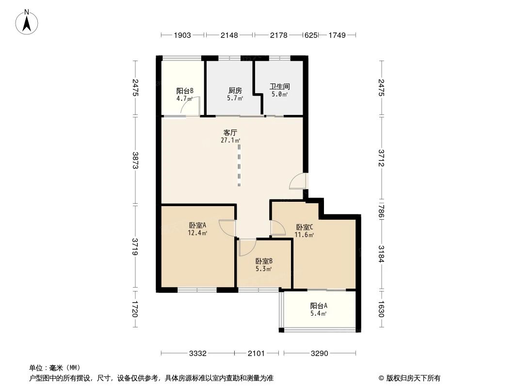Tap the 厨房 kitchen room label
coord(235,90)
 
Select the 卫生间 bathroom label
coord(279,87)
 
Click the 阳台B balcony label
coord(185,90)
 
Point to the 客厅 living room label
coord(230,132)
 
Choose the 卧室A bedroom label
coord(198,225)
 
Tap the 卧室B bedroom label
coord(264,260)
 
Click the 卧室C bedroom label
coord(304,227)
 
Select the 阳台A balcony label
coord(319,306)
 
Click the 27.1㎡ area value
coord(230,141)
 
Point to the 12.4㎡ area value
coord(198,233)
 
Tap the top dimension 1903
coord(182,35)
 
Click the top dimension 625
coord(310,35)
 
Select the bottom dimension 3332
coord(197,353)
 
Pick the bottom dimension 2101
coord(256,353)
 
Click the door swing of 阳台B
coord(191,107)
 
